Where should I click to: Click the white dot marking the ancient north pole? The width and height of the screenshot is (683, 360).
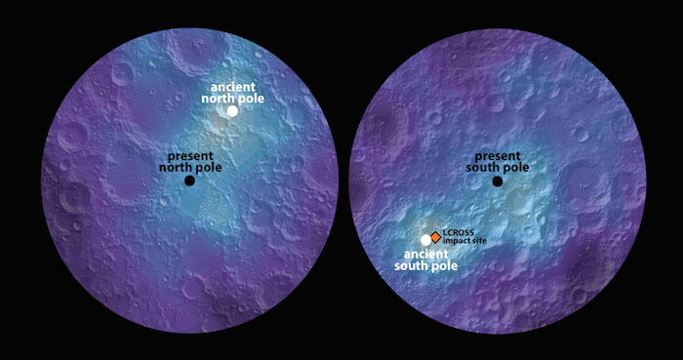coord(232,110)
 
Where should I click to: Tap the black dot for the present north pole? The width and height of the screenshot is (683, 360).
coord(189,180)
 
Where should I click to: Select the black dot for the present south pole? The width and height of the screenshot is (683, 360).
coord(498,180)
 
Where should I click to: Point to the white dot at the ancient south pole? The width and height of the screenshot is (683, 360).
coord(424,239)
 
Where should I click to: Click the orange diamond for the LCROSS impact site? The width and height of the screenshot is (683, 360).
coord(435,235)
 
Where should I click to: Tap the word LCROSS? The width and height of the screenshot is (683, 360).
coord(460,231)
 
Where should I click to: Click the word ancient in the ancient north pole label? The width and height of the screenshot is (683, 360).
coord(233,86)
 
